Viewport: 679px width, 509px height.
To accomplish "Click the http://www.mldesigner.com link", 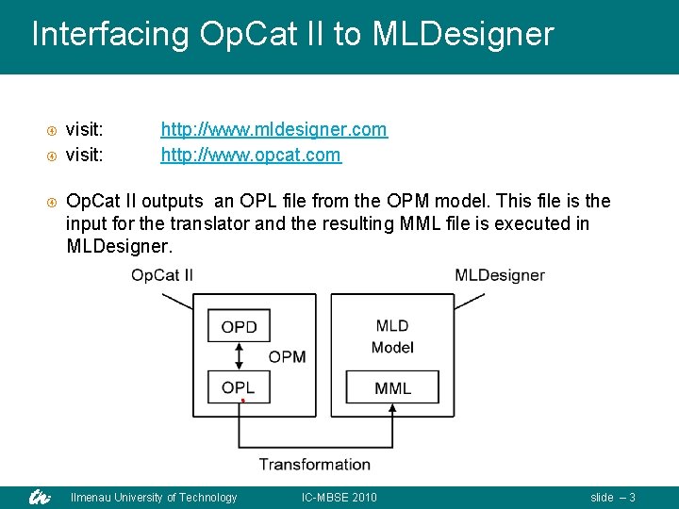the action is (x=273, y=129).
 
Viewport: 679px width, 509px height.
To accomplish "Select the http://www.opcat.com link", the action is (x=251, y=155).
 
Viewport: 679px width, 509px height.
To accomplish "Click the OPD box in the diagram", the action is (x=239, y=328).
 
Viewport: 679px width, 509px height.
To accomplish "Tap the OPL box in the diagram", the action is (x=239, y=387).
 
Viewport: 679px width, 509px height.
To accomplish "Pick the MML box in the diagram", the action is (x=392, y=387).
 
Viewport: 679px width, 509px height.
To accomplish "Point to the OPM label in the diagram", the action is (x=287, y=357).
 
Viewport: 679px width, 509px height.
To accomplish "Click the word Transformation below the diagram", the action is (x=315, y=464).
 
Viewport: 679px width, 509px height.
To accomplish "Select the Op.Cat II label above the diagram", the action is (x=162, y=275).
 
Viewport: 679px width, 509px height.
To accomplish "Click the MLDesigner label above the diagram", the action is (x=500, y=275).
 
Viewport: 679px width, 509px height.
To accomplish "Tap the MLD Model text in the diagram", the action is (x=392, y=337).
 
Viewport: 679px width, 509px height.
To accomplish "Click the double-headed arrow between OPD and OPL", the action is (x=239, y=357).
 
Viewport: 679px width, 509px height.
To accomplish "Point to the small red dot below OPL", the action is (x=242, y=402).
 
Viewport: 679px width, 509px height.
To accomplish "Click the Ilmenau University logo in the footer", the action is (x=39, y=497).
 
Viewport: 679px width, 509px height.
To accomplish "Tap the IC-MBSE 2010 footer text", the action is (x=339, y=498).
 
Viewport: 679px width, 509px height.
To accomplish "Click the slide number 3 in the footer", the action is (x=632, y=498).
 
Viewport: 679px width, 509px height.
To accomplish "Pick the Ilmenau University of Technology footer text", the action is (x=154, y=498).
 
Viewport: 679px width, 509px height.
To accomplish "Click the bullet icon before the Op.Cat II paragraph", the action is (x=53, y=202).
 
